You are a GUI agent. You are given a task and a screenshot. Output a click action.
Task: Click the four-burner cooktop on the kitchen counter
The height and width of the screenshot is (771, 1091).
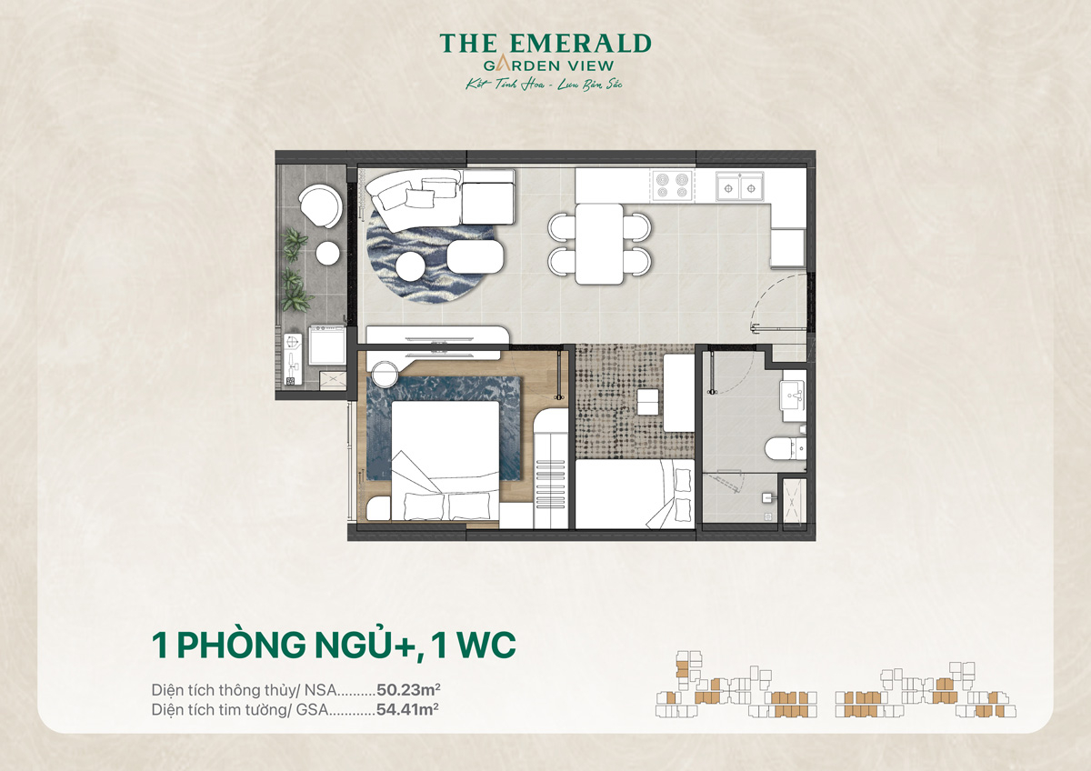[x=674, y=185]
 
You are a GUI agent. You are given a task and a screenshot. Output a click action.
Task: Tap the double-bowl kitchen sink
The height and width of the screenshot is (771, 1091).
[x=739, y=185]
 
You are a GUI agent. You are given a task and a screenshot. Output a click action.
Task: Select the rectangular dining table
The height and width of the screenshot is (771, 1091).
[x=599, y=244]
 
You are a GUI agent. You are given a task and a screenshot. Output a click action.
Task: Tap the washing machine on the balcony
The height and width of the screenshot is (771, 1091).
[x=325, y=344]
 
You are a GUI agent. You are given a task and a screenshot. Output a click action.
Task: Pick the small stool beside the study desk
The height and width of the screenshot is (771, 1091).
[x=648, y=401]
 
